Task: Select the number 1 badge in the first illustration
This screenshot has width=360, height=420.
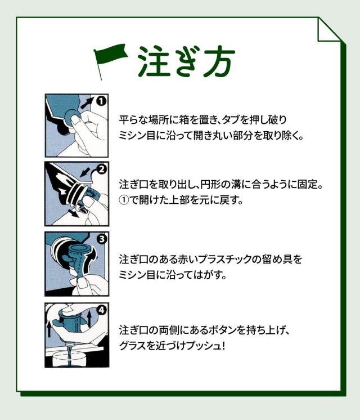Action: [101, 101]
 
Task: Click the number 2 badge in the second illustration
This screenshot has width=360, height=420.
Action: [101, 169]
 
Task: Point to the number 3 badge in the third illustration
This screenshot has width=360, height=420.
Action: [101, 239]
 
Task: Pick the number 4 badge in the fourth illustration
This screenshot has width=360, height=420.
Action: [101, 310]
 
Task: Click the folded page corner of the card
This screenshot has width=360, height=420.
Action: [328, 29]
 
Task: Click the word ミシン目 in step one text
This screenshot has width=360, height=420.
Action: [134, 136]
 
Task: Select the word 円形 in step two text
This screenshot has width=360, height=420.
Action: [211, 185]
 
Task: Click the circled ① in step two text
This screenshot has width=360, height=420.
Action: [124, 200]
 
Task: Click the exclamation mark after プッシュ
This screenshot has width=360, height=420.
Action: [223, 346]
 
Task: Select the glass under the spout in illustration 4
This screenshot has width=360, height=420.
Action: [69, 360]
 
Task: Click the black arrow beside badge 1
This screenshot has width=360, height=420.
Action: [88, 103]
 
